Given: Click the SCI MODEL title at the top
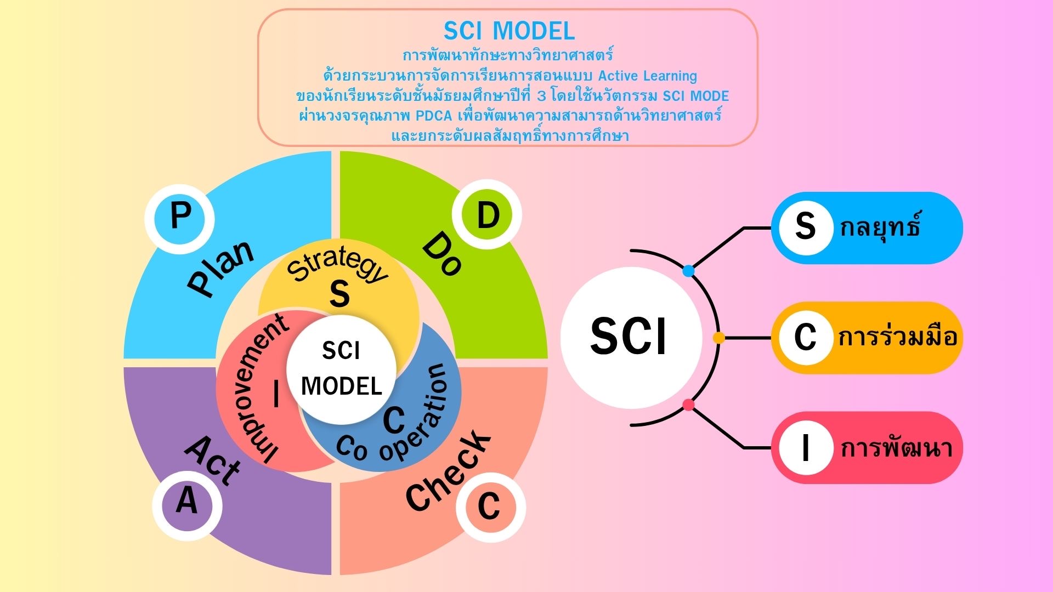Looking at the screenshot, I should tap(509, 31).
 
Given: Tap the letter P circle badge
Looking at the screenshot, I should tap(179, 218).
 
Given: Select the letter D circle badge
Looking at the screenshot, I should tap(487, 215).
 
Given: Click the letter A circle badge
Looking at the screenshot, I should tap(187, 500).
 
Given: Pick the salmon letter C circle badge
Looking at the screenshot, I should tap(490, 506).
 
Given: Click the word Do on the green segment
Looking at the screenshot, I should tap(442, 253).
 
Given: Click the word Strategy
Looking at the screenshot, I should tap(338, 264).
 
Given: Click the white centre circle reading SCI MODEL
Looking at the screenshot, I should tap(341, 369).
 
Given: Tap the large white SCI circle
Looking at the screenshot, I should tap(631, 337).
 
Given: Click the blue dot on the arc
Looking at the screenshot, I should tap(688, 271).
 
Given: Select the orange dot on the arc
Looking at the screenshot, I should tap(718, 338).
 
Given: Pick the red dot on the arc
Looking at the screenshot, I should tap(688, 406).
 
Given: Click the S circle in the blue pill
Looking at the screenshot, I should tap(805, 226).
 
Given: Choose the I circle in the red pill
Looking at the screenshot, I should tap(805, 448).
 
